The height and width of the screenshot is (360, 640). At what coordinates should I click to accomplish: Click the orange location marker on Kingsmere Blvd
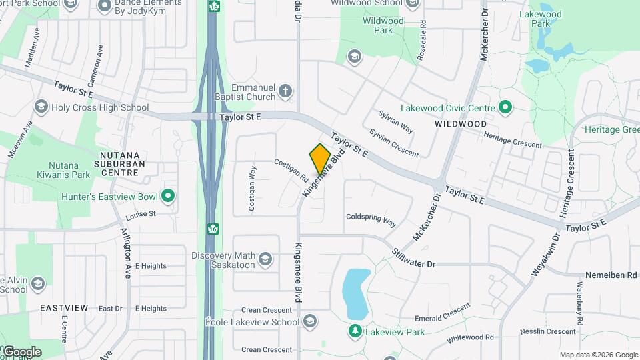pos(320,159)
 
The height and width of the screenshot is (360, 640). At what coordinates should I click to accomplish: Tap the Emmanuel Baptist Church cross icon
pos(285,91)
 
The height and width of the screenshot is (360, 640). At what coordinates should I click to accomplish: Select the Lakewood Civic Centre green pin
pos(505,107)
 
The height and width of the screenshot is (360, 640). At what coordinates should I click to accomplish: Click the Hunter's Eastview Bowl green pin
pos(168,195)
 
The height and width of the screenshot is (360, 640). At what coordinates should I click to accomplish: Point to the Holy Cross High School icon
pos(41,107)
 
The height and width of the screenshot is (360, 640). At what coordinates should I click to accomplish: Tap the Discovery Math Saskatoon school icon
pos(265,259)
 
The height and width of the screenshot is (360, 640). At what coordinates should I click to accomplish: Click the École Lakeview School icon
pos(309,322)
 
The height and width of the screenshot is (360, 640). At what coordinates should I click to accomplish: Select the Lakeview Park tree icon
pos(355,331)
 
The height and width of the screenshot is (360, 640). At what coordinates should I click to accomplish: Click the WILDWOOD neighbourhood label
pos(461,124)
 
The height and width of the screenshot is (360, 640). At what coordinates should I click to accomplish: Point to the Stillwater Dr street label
pos(413,259)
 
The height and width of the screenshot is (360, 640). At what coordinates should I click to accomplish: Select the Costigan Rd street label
pos(291,170)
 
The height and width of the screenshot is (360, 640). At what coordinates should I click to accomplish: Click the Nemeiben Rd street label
pos(611,275)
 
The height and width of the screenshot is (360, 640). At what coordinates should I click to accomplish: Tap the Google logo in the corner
pos(21,351)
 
